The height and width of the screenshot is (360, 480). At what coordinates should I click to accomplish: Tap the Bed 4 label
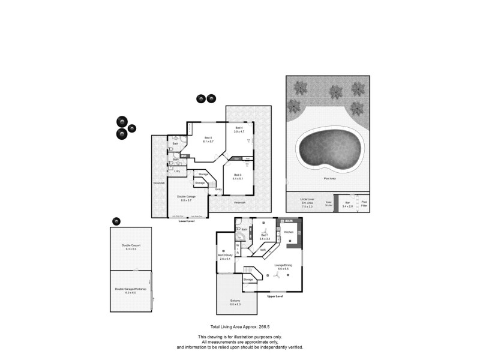click(239, 128)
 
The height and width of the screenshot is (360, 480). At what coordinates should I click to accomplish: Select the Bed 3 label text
click(238, 175)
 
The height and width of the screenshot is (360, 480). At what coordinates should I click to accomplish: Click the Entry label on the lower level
click(218, 190)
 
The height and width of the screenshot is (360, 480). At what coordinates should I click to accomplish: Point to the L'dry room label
click(177, 172)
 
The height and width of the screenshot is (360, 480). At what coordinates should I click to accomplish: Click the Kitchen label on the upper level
click(289, 232)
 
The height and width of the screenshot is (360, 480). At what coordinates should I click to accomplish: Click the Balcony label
click(235, 301)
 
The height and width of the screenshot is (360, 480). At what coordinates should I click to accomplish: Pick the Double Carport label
click(130, 246)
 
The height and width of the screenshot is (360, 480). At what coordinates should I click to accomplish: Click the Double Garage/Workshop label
click(130, 290)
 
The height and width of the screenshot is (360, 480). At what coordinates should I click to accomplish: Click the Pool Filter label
click(364, 203)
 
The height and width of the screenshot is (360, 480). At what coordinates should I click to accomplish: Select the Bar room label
click(347, 203)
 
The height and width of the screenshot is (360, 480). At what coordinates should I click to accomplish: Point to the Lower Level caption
click(187, 221)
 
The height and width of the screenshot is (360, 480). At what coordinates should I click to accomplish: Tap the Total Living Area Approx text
click(238, 327)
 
